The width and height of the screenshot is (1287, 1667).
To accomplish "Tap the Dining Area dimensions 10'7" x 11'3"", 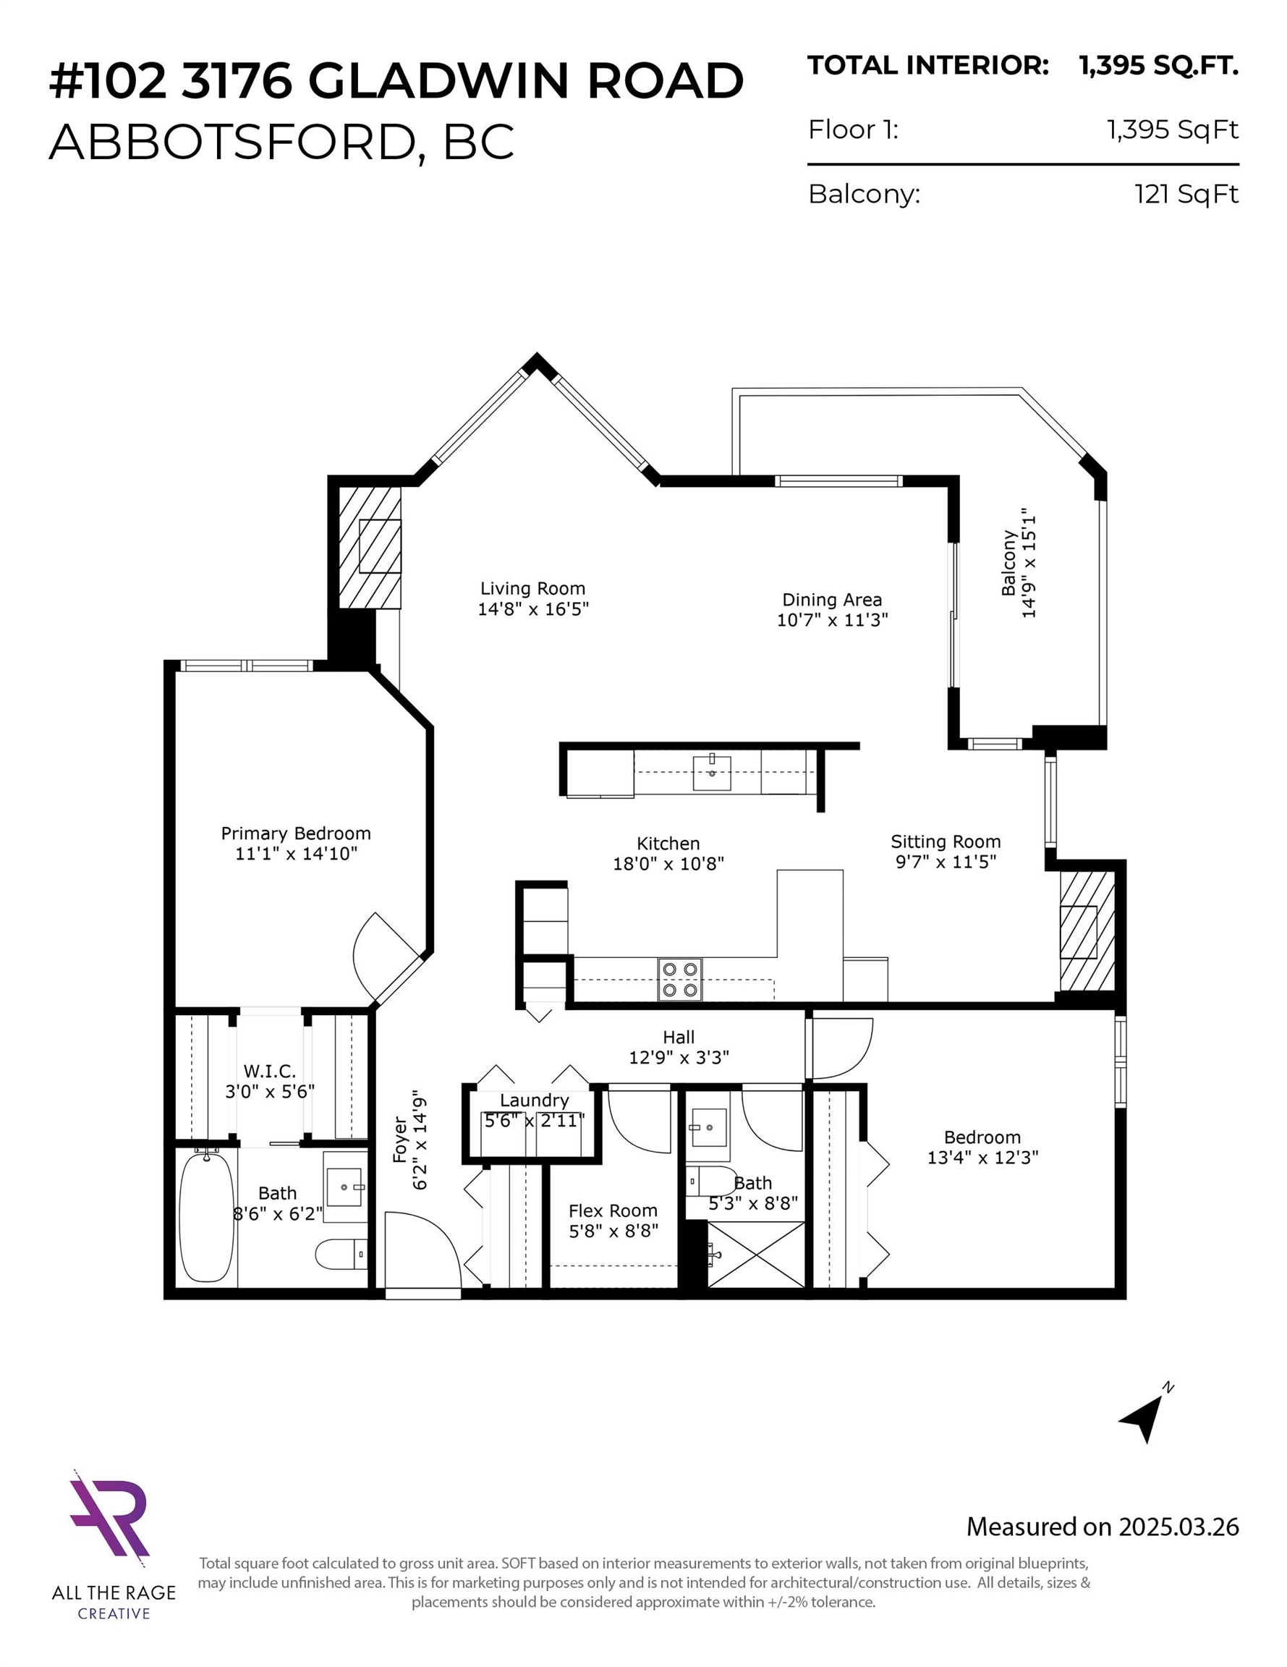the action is click(x=832, y=620).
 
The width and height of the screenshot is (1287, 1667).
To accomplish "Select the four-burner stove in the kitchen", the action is click(x=680, y=979).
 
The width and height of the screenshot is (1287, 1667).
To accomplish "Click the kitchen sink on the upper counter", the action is click(x=711, y=773).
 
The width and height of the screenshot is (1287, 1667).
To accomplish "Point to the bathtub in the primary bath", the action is click(x=206, y=1217).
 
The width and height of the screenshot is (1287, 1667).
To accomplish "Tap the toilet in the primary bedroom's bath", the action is click(x=341, y=1253).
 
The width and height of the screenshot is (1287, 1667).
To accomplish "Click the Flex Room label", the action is click(x=613, y=1210).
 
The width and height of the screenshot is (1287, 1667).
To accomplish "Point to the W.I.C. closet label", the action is click(x=269, y=1071).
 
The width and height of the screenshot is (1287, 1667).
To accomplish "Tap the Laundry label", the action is click(x=535, y=1100).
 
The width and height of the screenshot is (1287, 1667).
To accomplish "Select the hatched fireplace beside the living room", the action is click(x=370, y=546).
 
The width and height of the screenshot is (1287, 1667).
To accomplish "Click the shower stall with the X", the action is click(x=756, y=1255).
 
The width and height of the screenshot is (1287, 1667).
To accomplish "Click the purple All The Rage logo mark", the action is click(x=109, y=1513).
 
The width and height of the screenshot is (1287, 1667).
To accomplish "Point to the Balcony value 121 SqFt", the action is click(x=1186, y=194).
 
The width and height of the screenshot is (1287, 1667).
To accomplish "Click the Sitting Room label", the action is click(x=946, y=841).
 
